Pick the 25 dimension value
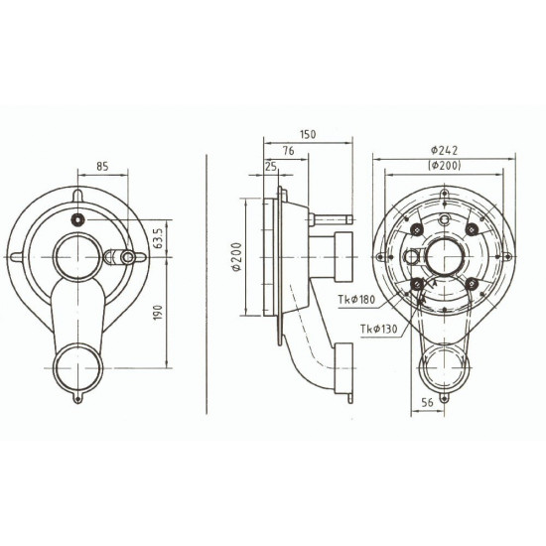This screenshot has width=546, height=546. pyautogui.click(x=271, y=166)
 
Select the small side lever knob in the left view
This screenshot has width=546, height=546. pyautogui.click(x=127, y=260)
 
